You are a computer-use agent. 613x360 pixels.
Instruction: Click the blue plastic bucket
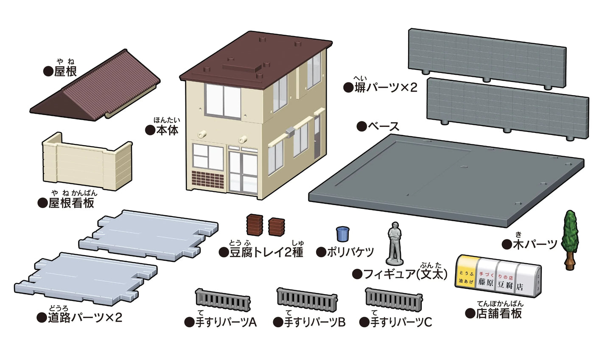[343, 234]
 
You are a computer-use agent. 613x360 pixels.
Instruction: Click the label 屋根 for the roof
[66, 71]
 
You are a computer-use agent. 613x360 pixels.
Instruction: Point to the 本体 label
[167, 130]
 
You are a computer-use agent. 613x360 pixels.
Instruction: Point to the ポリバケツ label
[350, 252]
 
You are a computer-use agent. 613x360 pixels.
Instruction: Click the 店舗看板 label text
[498, 313]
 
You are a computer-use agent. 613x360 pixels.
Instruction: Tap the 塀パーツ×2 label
[386, 88]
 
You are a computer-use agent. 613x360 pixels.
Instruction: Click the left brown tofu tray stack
[255, 225]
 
